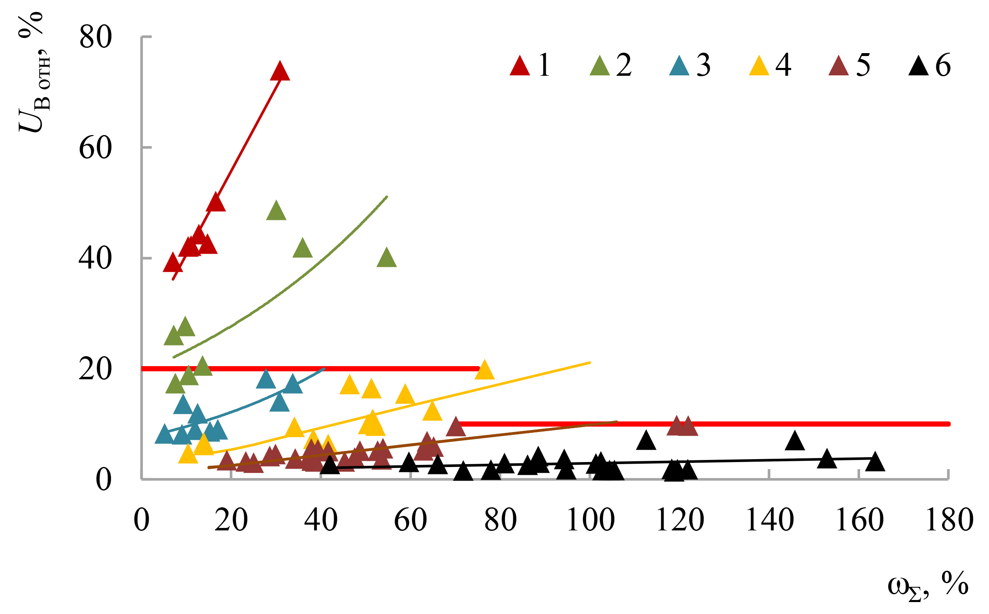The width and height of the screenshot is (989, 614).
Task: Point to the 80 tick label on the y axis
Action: pyautogui.click(x=95, y=37)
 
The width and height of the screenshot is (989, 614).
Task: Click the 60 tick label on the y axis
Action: pyautogui.click(x=95, y=148)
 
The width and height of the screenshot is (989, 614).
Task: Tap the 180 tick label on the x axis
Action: pyautogui.click(x=949, y=520)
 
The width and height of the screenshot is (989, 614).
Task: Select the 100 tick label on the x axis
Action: pyautogui.click(x=590, y=520)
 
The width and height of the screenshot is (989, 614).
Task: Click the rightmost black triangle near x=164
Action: pyautogui.click(x=875, y=462)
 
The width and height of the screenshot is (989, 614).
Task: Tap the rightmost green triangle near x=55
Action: pyautogui.click(x=386, y=259)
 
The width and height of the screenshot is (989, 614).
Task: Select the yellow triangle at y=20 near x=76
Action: pyautogui.click(x=484, y=371)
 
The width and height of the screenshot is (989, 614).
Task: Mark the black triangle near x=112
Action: pyautogui.click(x=646, y=441)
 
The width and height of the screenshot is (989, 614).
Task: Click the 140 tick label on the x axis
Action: pyautogui.click(x=770, y=520)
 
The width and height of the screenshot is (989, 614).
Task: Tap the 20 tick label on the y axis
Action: pyautogui.click(x=95, y=369)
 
